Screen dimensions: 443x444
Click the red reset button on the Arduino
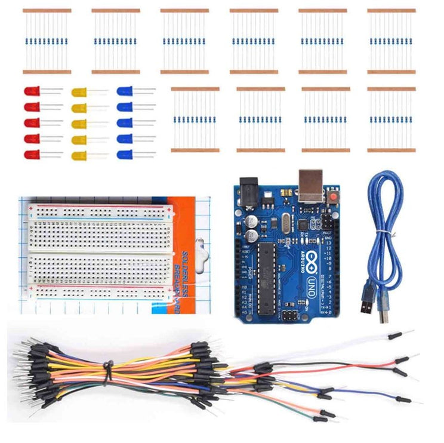[x=334, y=196]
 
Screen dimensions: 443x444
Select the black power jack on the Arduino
[x=250, y=190]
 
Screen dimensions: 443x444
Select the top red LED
[x=32, y=91]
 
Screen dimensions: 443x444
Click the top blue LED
[x=125, y=91]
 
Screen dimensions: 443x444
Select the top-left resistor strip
[x=47, y=41]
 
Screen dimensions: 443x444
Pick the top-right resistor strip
[x=391, y=41]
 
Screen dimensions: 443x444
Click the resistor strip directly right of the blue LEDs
[x=195, y=119]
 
